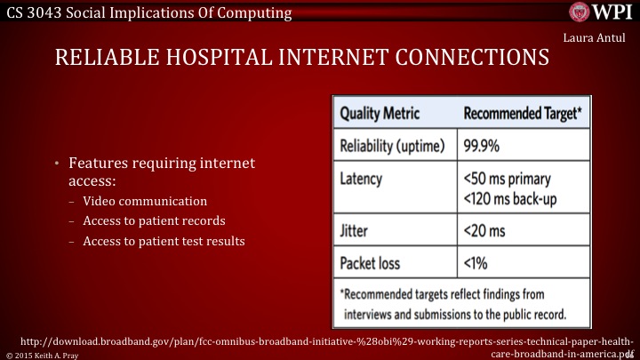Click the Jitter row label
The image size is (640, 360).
point(356,230)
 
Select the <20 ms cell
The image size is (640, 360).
point(484,230)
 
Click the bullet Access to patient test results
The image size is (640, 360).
point(164,240)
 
